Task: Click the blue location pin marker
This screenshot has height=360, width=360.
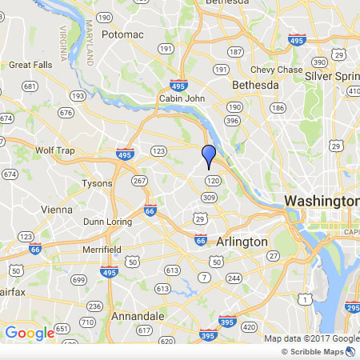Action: click(210, 155)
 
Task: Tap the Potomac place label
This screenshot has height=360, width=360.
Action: click(122, 34)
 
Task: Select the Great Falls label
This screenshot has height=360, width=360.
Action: click(30, 65)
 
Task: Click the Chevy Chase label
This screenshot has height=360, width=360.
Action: click(276, 69)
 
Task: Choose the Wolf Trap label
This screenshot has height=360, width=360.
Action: click(54, 150)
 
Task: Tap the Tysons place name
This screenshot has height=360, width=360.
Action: click(97, 183)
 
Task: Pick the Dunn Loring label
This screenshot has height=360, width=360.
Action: click(105, 222)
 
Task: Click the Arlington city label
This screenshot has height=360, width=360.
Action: click(242, 242)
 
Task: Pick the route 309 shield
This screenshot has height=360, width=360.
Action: click(210, 197)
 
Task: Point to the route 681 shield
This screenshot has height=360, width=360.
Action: click(30, 86)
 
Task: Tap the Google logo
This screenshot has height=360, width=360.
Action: click(30, 333)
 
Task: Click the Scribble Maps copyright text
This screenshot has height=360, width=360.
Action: click(318, 351)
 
